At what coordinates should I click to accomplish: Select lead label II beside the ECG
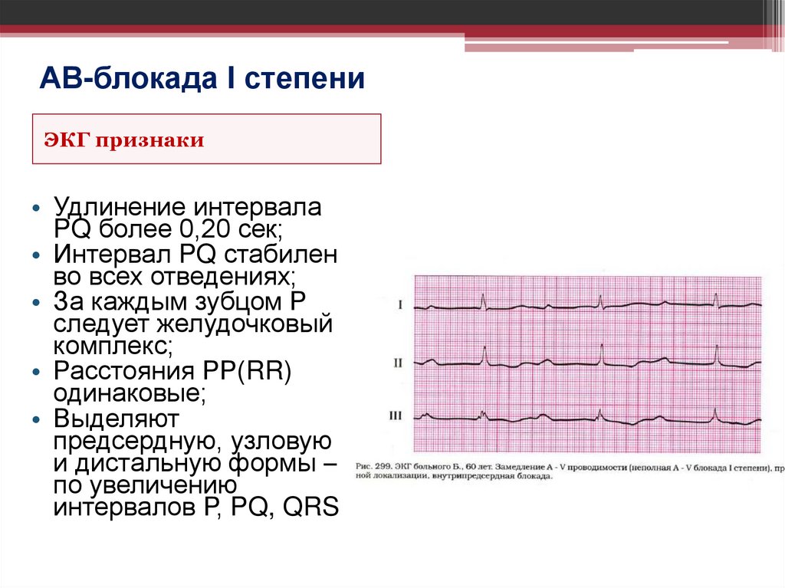click(397, 360)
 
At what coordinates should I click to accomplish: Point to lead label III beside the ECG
click(396, 416)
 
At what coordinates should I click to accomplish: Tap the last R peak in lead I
click(716, 295)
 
